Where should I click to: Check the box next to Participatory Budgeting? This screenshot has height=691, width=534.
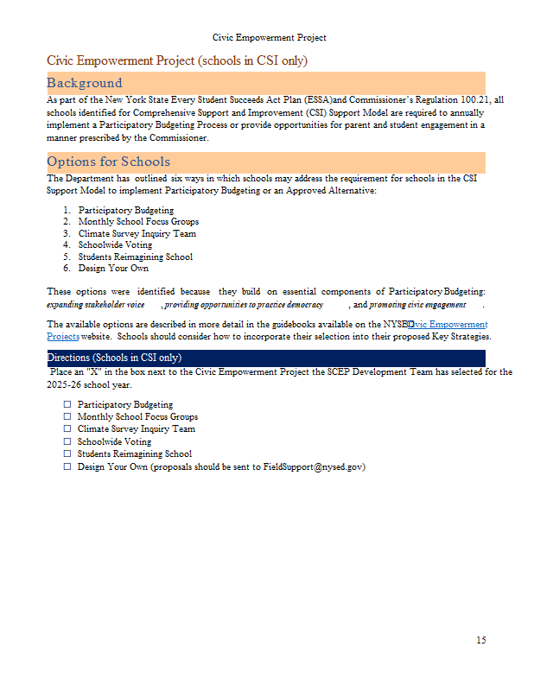[67, 404]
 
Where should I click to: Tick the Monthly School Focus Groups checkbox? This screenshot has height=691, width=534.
[67, 416]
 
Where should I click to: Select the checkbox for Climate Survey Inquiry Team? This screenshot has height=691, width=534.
[67, 428]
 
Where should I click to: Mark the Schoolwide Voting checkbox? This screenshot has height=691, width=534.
[67, 441]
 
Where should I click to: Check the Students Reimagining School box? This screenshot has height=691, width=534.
[67, 453]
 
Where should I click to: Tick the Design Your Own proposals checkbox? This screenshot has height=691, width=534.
[67, 466]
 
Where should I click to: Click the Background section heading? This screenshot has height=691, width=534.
[85, 83]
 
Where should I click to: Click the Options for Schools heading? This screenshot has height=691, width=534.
[108, 162]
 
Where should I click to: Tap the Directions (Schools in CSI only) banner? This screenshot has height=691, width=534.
[114, 358]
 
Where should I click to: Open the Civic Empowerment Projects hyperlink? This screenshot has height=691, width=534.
[441, 325]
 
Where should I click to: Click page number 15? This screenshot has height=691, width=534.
[480, 640]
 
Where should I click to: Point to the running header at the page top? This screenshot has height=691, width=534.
[269, 38]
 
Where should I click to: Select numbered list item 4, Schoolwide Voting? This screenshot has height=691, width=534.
[114, 245]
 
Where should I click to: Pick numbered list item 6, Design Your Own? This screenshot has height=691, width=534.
[112, 269]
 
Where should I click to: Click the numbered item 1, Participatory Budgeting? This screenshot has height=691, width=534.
[125, 210]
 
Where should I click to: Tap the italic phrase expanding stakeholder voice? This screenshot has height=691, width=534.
[95, 305]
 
